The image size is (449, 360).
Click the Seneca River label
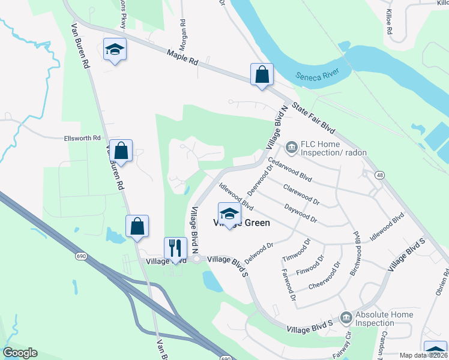tap(317, 76)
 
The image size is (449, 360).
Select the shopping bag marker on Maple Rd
tap(262, 75)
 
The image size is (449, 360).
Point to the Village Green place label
tap(242, 223)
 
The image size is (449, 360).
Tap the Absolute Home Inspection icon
tap(345, 317)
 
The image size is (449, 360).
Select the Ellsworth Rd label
tap(82, 138)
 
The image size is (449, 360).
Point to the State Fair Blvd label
tap(313, 118)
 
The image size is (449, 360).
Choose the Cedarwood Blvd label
tap(291, 170)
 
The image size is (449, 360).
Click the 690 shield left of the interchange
tap(81, 256)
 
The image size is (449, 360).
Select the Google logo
tap(20, 353)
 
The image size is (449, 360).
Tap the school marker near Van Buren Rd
tap(113, 50)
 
